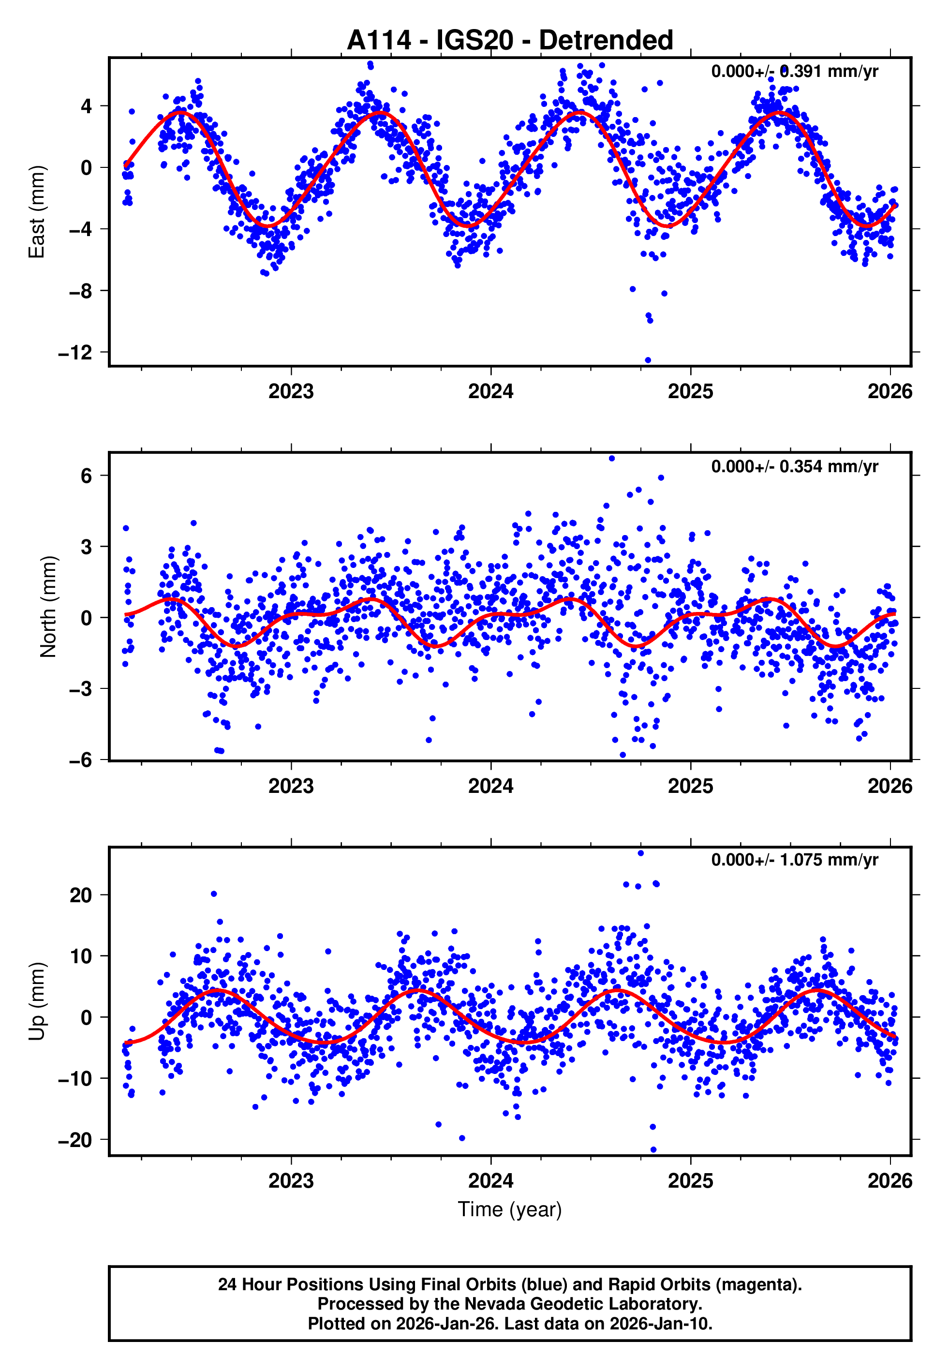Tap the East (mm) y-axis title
click(37, 212)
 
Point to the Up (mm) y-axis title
click(37, 1001)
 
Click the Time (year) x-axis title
click(510, 1209)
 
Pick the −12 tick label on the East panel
click(75, 353)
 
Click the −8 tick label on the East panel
click(80, 291)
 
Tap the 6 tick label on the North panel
click(87, 476)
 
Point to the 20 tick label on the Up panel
click(80, 895)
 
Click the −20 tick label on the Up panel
click(75, 1140)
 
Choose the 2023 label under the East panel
click(291, 392)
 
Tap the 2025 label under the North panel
click(690, 787)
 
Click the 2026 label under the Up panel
click(890, 1180)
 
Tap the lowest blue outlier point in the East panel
click(648, 360)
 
